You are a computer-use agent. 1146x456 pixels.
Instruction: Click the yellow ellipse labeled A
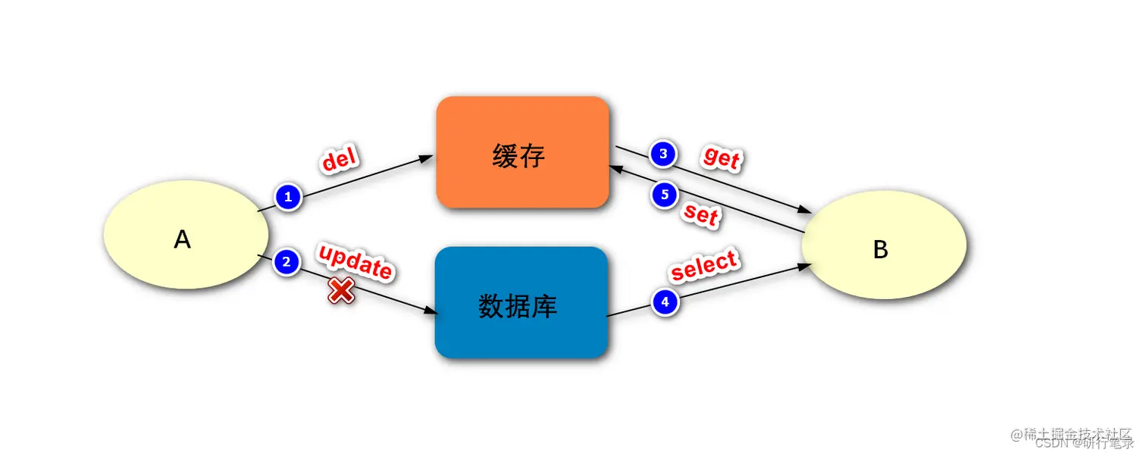click(x=182, y=234)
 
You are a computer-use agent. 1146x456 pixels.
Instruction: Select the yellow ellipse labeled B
click(x=884, y=245)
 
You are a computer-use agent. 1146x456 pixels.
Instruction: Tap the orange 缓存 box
click(x=522, y=151)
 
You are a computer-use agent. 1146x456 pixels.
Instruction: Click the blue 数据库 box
click(x=521, y=302)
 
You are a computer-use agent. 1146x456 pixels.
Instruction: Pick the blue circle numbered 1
click(x=287, y=198)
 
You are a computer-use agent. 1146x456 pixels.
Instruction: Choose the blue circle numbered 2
click(x=286, y=263)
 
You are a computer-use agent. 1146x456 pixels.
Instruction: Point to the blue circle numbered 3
click(x=663, y=155)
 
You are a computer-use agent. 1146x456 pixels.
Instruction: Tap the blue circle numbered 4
click(x=665, y=303)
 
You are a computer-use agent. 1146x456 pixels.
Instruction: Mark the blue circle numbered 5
click(x=665, y=195)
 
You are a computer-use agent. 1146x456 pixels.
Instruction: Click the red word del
click(x=340, y=161)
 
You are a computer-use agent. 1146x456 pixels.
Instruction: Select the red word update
click(x=355, y=262)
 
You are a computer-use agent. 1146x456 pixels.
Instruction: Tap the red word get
click(x=722, y=158)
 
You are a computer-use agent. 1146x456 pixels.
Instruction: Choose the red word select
click(x=704, y=266)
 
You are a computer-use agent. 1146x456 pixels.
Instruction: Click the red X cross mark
click(x=341, y=291)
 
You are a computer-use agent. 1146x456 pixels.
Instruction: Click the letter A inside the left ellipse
click(x=182, y=239)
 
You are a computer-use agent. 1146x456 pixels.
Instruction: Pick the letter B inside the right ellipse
click(x=881, y=249)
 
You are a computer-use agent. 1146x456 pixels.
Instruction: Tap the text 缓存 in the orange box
click(x=519, y=157)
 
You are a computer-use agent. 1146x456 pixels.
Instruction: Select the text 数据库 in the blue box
click(x=518, y=306)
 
